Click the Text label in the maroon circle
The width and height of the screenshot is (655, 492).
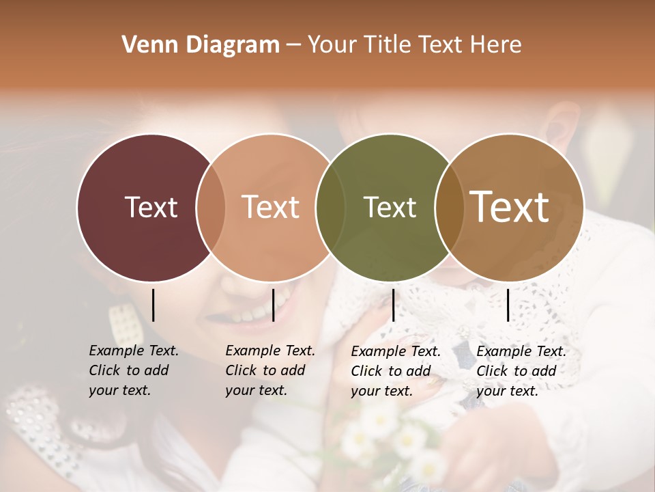click(151, 207)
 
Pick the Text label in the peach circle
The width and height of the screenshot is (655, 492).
click(270, 207)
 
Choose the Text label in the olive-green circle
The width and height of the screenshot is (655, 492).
click(390, 207)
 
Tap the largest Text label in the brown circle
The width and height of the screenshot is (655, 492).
click(510, 206)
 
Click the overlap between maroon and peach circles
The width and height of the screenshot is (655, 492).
click(211, 207)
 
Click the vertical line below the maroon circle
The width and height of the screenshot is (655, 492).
click(153, 305)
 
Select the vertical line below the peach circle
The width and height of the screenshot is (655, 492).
click(273, 305)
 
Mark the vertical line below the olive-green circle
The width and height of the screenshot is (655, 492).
click(393, 305)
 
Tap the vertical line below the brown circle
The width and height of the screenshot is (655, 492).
click(508, 305)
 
